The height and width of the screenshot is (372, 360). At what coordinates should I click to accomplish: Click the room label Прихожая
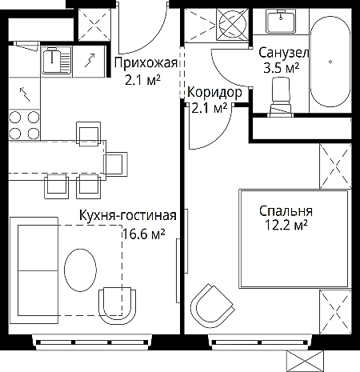[146, 63]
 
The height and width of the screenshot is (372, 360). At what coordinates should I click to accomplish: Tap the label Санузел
[284, 53]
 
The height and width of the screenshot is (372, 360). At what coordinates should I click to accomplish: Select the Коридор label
[214, 93]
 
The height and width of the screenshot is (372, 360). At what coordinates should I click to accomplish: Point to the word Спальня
[286, 211]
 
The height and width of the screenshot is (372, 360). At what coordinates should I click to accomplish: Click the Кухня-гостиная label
[128, 215]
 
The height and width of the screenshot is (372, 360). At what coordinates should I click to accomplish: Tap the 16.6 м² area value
[144, 234]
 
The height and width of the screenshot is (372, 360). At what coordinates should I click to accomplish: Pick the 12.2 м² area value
[286, 226]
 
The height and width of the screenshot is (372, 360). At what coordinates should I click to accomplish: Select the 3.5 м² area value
[281, 68]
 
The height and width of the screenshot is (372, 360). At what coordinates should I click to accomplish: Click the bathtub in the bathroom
[330, 61]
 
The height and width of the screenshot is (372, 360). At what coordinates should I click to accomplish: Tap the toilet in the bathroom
[281, 97]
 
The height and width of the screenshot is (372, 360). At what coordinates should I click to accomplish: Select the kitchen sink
[57, 60]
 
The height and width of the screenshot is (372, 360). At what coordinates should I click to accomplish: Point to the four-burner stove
[24, 125]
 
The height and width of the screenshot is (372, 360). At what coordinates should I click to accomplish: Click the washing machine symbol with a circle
[232, 25]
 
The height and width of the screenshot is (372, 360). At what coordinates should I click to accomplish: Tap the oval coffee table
[80, 270]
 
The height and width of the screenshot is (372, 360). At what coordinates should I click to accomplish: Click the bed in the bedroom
[294, 239]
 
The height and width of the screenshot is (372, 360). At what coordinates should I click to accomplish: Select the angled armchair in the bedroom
[212, 303]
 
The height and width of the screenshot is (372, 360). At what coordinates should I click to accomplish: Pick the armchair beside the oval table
[118, 306]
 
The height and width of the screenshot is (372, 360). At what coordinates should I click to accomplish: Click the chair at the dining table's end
[115, 164]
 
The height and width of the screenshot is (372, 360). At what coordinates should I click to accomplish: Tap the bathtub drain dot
[330, 62]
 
